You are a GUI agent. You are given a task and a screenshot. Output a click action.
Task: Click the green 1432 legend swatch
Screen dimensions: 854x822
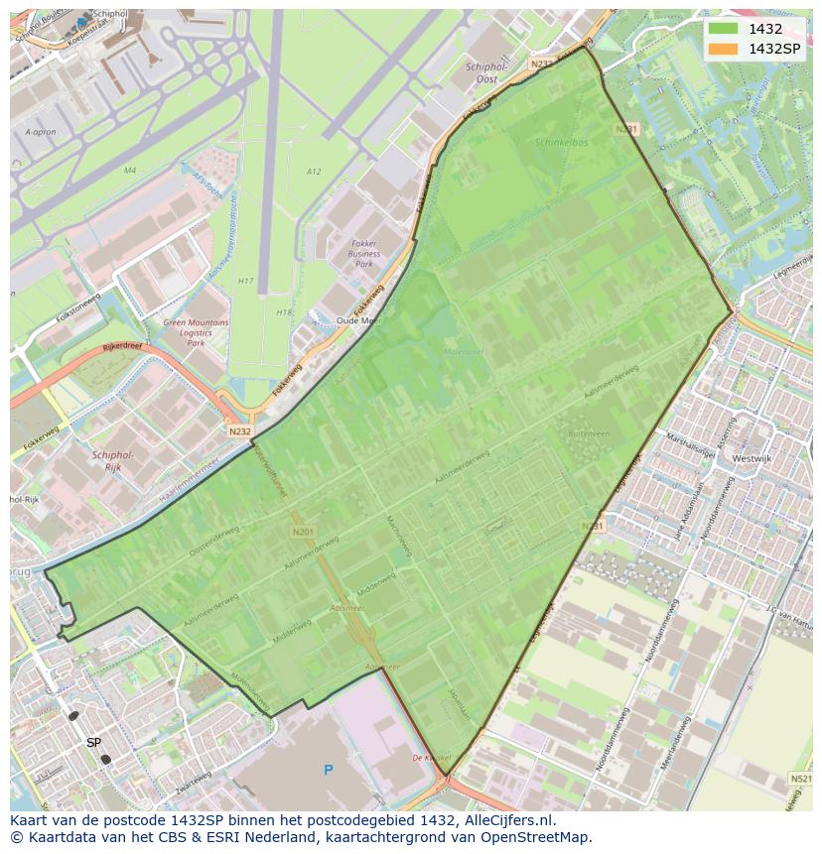(723, 30)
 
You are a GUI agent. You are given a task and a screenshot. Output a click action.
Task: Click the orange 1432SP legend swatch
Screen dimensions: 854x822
(723, 49)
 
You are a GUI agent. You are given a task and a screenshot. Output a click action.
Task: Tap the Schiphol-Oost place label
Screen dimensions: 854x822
(486, 72)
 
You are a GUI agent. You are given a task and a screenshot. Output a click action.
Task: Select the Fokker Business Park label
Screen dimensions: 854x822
(364, 253)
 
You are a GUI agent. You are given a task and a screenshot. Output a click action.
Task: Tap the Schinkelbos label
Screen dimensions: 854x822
(560, 142)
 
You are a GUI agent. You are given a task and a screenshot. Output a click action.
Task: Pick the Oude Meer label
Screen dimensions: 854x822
(358, 320)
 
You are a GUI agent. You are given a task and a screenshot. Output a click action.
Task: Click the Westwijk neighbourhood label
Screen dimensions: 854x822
(752, 458)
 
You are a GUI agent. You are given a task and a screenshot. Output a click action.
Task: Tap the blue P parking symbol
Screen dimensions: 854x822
(328, 770)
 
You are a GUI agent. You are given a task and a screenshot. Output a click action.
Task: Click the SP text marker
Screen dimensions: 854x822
(93, 742)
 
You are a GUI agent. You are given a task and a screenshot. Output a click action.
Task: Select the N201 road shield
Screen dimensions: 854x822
(304, 532)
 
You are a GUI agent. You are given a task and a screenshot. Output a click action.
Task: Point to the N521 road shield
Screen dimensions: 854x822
(800, 779)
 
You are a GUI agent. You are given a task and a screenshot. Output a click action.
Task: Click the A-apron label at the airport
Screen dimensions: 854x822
(40, 132)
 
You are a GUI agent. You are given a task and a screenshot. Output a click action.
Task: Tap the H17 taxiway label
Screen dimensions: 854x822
(245, 281)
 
